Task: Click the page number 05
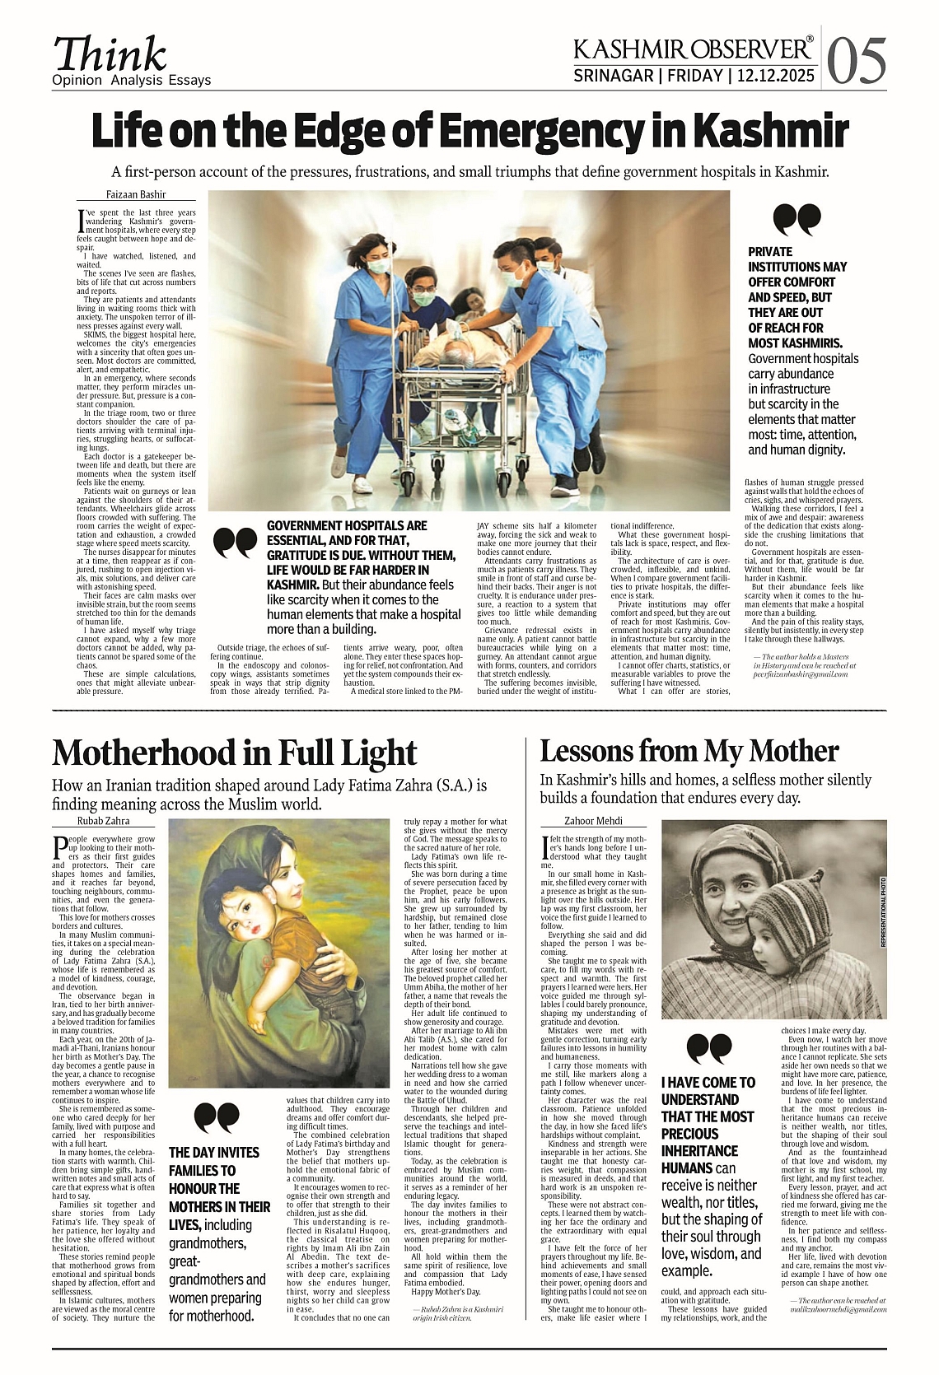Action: (x=857, y=61)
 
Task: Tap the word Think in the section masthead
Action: (x=110, y=55)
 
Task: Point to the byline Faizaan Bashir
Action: (x=136, y=194)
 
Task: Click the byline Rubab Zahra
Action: (x=103, y=820)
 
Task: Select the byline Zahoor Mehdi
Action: (x=593, y=820)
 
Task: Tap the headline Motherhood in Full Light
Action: (x=235, y=753)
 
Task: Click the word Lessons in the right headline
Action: (x=586, y=751)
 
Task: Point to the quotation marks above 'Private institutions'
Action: (x=797, y=220)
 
